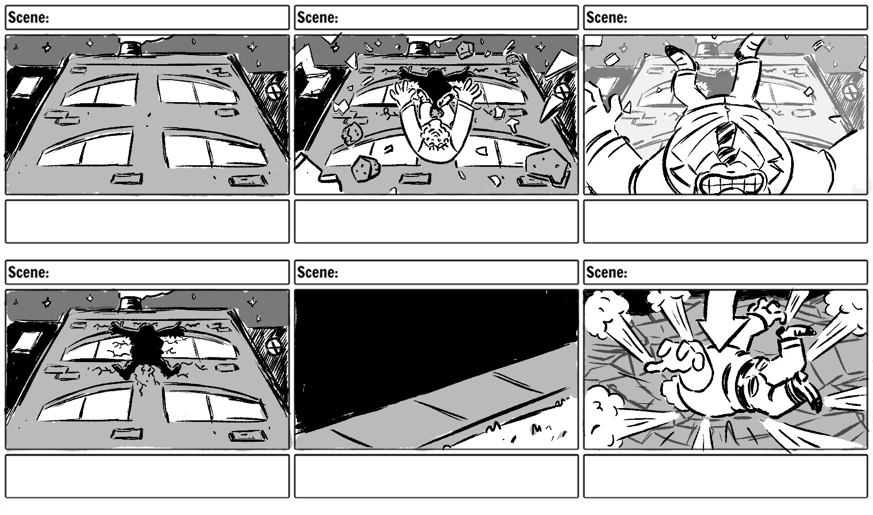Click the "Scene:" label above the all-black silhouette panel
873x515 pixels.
[317, 272]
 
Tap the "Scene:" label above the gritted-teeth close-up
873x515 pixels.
[607, 18]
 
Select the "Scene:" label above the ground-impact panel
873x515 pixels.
[607, 272]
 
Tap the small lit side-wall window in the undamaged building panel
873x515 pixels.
[27, 87]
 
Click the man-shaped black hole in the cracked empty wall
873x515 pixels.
[145, 351]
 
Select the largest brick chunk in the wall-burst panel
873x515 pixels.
[546, 167]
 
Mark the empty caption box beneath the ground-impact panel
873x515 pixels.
[725, 476]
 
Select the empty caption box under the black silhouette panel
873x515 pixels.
[436, 476]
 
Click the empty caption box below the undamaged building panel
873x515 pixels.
[147, 221]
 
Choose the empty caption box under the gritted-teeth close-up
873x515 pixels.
[725, 221]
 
